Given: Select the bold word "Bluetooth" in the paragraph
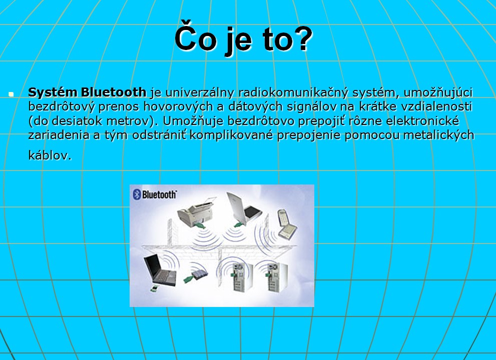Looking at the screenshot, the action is [114, 92].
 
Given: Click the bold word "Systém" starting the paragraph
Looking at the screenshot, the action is [53, 92].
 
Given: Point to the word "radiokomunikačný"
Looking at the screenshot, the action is [293, 93].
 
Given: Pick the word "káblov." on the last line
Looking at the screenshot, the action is [50, 155].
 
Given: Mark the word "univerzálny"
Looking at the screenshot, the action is [200, 93].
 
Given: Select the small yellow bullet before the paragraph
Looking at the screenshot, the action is [11, 94].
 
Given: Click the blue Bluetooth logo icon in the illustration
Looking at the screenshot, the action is [137, 194].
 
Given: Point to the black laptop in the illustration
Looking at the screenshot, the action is [160, 269].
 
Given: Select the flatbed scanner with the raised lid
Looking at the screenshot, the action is [244, 208].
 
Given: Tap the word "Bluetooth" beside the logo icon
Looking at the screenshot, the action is [159, 194].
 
